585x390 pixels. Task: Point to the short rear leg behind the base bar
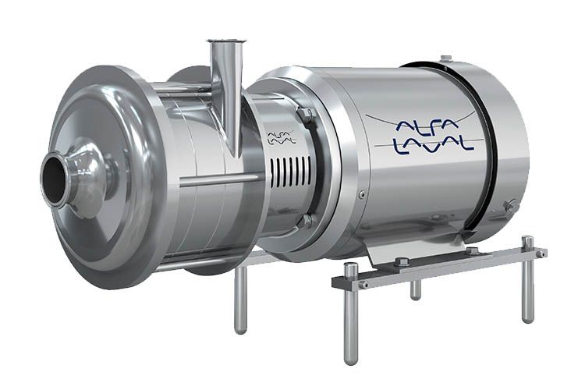coord(416,289)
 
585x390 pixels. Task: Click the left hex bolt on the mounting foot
coord(399,261)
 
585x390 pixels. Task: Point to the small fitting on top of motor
coord(445,58)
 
